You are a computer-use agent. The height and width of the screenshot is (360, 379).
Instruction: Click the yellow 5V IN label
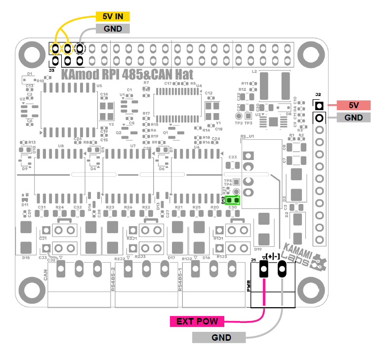click(x=113, y=16)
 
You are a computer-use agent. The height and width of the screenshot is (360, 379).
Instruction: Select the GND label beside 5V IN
click(x=113, y=29)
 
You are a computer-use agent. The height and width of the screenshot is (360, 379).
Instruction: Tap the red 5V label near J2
click(x=354, y=105)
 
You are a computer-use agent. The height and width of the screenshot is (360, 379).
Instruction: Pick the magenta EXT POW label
click(x=197, y=321)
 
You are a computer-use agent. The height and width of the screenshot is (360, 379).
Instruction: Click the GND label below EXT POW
click(x=218, y=338)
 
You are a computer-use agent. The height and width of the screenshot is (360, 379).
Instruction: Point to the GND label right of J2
click(x=354, y=118)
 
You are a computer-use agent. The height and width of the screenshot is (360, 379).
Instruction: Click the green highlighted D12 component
click(x=232, y=200)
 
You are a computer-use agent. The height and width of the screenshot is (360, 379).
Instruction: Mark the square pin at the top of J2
click(x=320, y=106)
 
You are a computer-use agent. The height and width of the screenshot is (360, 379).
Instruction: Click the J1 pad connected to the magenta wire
click(x=263, y=269)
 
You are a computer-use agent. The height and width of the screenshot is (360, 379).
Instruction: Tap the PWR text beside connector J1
click(x=249, y=286)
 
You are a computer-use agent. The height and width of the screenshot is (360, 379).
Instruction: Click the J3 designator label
click(x=51, y=71)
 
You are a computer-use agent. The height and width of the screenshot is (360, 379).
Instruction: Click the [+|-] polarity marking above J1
click(x=272, y=257)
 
